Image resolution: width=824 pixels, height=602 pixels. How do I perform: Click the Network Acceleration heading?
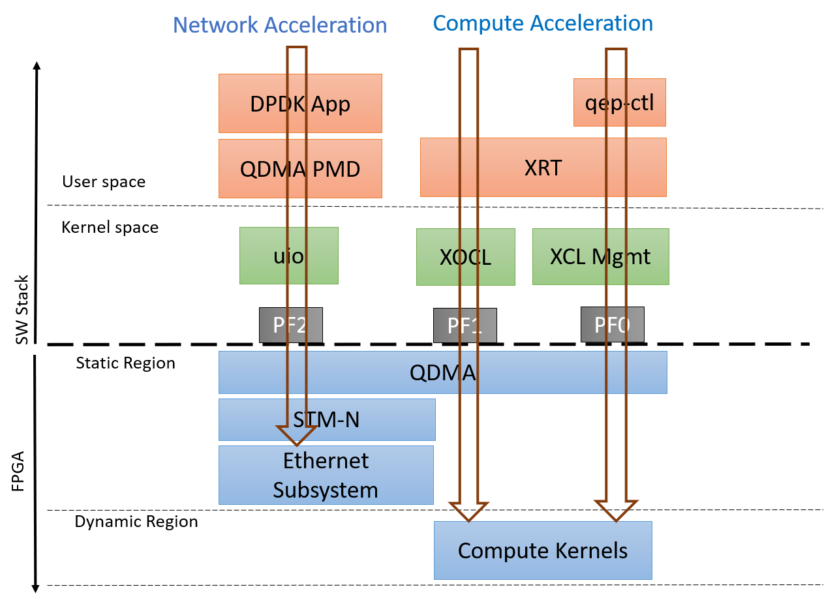tap(280, 25)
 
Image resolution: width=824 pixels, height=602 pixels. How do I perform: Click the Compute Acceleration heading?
tap(543, 23)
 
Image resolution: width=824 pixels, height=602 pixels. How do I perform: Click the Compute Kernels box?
tap(543, 550)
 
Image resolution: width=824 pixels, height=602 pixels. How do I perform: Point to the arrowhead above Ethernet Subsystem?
tap(297, 436)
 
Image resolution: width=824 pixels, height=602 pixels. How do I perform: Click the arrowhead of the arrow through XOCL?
tap(468, 511)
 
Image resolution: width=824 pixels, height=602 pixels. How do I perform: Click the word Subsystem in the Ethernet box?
tap(326, 490)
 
